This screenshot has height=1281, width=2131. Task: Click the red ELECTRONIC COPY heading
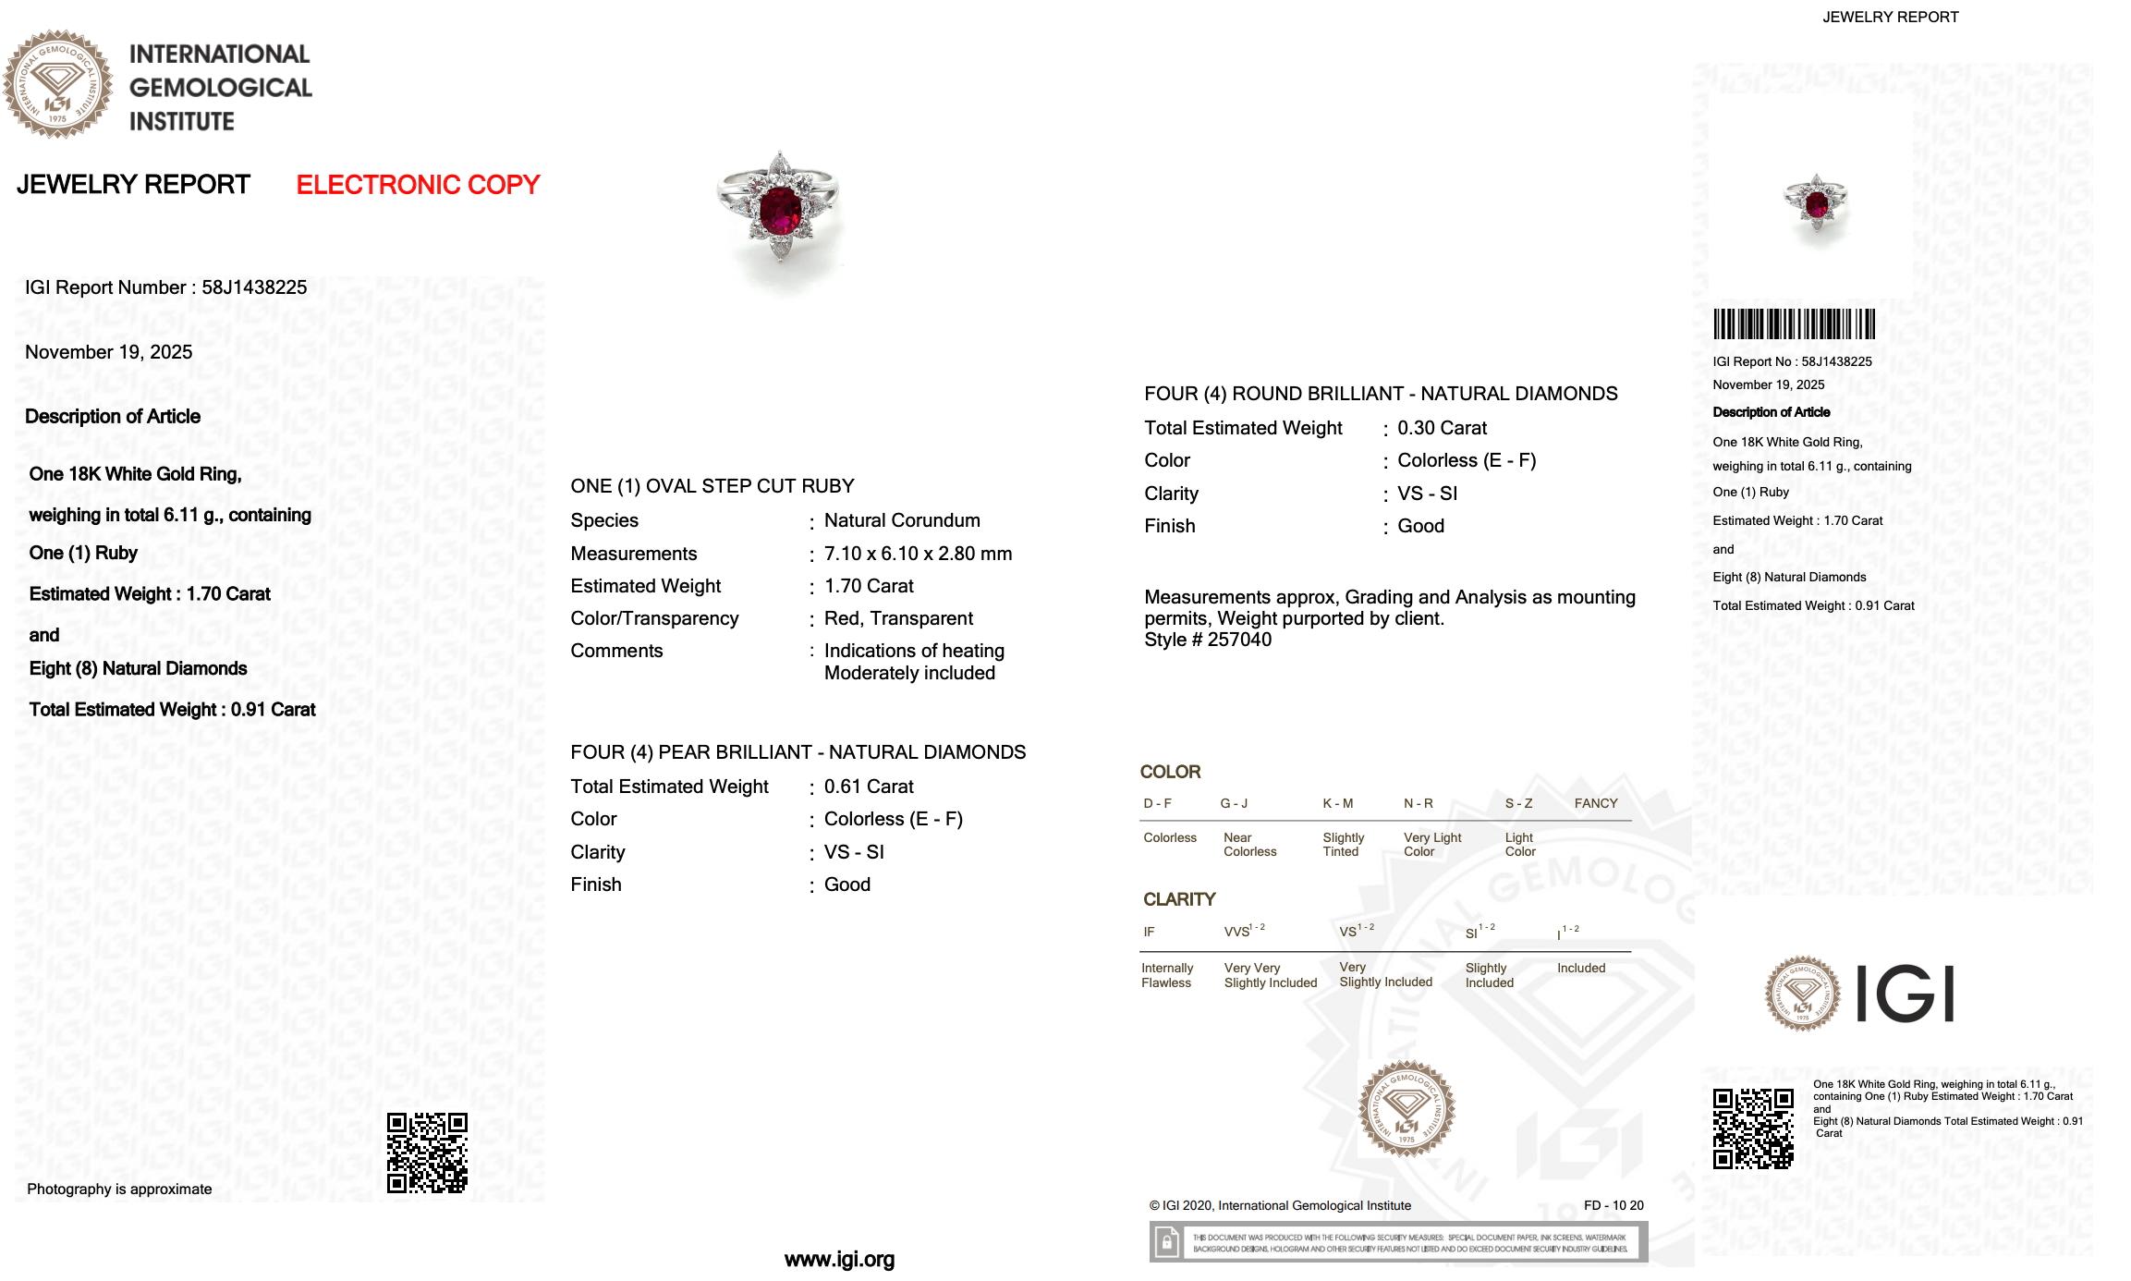418,185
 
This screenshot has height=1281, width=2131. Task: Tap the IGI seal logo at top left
57,84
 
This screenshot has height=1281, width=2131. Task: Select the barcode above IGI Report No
1794,324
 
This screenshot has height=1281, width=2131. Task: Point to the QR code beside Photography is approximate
427,1153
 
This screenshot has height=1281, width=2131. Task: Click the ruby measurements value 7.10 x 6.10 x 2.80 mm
918,554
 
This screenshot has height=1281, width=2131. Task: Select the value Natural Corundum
902,520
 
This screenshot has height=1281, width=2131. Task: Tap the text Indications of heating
914,651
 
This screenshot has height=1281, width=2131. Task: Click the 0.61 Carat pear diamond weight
869,787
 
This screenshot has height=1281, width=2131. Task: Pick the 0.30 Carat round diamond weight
1442,428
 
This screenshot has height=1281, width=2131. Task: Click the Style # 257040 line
1208,640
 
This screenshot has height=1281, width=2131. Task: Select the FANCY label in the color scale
1596,803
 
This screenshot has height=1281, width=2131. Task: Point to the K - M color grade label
1337,803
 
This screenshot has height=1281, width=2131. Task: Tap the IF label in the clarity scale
1149,932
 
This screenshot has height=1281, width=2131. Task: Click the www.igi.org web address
839,1259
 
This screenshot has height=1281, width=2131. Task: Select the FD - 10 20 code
1613,1205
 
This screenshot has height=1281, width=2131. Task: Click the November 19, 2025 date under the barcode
1768,384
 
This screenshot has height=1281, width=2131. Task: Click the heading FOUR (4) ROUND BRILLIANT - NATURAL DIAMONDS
1381,394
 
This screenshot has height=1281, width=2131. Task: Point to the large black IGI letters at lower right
1905,994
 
